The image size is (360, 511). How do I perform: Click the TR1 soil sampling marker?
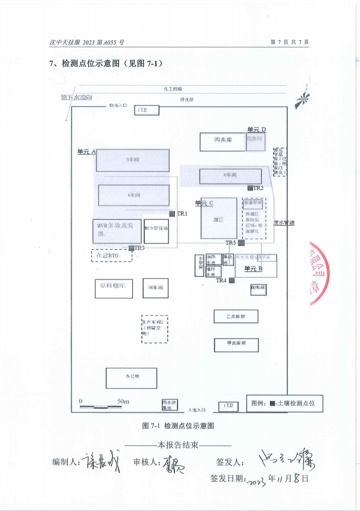pos(172,214)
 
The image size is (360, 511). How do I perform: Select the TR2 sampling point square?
pos(250,188)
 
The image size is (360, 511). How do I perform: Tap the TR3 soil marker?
pos(131,248)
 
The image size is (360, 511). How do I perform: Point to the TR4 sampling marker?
pos(231,281)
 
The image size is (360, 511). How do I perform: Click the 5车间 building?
pos(132,160)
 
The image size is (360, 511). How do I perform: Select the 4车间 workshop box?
pos(133,195)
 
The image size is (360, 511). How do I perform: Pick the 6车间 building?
pos(230,176)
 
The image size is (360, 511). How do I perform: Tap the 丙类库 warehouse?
pos(222,142)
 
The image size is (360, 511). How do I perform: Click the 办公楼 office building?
pos(131,378)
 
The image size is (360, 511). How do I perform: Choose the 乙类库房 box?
pos(236,317)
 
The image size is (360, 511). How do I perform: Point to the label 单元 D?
pos(257,129)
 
